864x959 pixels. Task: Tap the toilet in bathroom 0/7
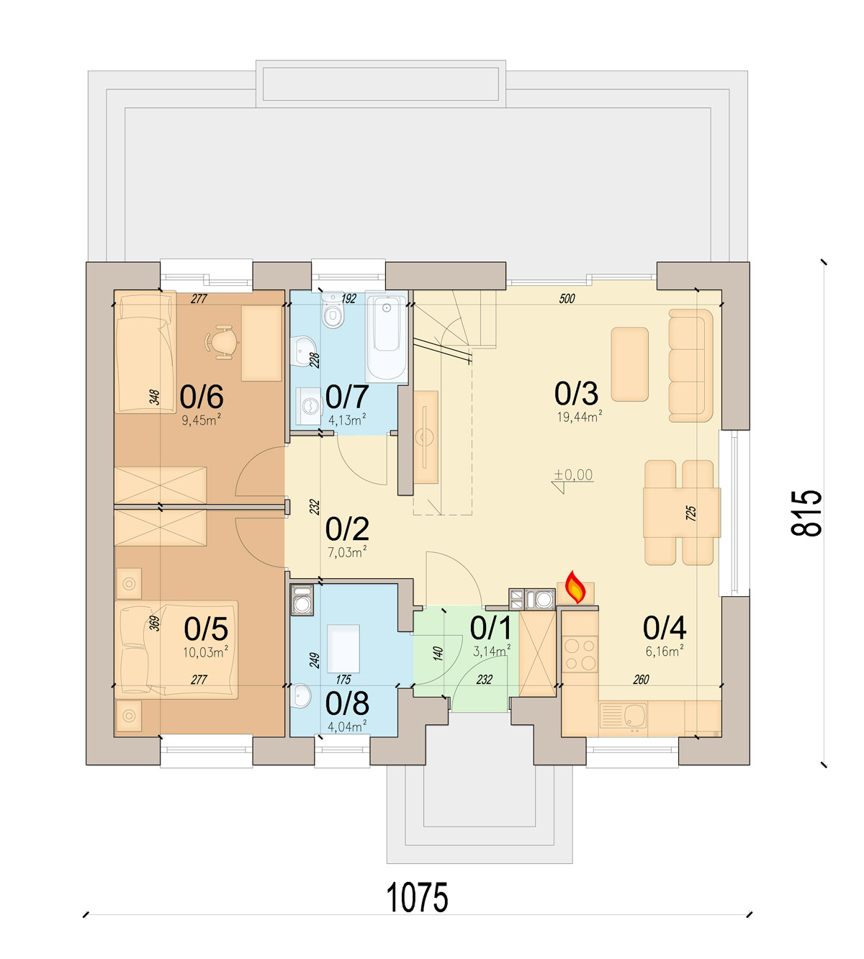(333, 310)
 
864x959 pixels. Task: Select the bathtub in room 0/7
(387, 336)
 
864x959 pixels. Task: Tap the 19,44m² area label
(580, 416)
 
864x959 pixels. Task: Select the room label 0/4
(665, 628)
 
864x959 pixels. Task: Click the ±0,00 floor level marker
(573, 474)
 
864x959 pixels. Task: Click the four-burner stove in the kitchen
(580, 654)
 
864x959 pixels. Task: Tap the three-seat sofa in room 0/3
(691, 366)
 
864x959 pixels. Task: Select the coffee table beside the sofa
(630, 364)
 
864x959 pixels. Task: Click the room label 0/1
(490, 628)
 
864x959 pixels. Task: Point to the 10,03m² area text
(206, 652)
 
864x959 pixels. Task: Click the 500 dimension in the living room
(567, 299)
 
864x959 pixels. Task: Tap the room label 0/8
(347, 703)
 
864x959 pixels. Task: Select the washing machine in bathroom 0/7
(308, 406)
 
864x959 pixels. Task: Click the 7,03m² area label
(347, 552)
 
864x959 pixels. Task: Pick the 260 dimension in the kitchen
(642, 680)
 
